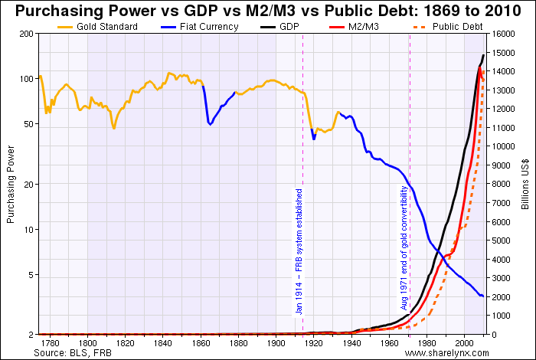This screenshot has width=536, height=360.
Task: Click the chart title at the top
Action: (268, 11)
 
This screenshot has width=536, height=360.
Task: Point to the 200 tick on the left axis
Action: (27, 34)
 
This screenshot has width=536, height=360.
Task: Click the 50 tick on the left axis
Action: (29, 124)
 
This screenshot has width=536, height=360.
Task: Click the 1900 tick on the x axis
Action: (276, 343)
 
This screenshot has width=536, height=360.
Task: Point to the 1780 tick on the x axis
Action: (51, 343)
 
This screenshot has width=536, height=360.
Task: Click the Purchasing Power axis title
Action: (10, 185)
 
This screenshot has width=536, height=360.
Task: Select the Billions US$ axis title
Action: (527, 185)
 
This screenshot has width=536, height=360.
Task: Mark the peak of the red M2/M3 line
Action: (479, 67)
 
